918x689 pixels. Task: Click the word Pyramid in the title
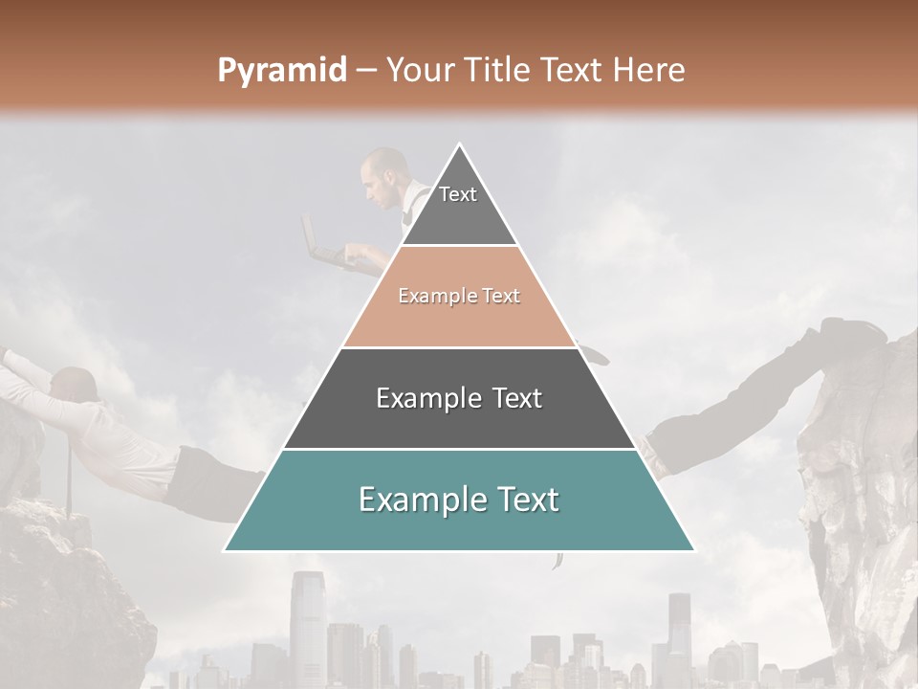[x=281, y=71]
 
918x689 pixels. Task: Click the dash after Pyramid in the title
[x=365, y=71]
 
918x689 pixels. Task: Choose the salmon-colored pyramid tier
[x=459, y=297]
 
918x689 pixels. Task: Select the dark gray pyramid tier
[x=459, y=398]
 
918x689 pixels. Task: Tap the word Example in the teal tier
[x=419, y=500]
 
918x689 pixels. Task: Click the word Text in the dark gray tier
[x=511, y=398]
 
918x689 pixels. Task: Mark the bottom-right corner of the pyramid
[x=692, y=550]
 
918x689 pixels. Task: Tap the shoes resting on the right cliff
[x=853, y=332]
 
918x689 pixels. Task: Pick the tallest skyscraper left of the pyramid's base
[x=307, y=612]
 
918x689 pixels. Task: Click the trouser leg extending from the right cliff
[x=736, y=411]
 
